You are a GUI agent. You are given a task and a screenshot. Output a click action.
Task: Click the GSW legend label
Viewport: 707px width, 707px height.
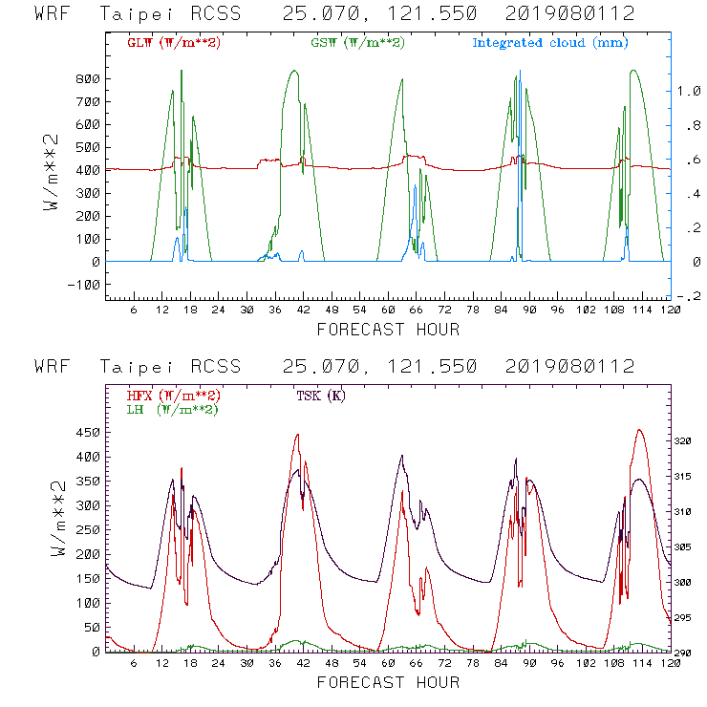point(357,43)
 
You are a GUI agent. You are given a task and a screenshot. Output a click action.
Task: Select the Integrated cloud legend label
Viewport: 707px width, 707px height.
point(550,43)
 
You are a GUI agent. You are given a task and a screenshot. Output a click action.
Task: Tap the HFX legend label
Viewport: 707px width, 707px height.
point(172,396)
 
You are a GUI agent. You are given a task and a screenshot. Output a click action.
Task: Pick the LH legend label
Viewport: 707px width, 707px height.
point(172,409)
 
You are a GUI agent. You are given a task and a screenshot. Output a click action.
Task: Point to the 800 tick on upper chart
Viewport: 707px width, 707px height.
point(89,78)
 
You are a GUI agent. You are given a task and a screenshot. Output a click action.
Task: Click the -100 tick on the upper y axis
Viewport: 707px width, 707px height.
point(85,285)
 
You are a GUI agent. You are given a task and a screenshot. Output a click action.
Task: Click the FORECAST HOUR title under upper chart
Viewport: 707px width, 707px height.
point(388,330)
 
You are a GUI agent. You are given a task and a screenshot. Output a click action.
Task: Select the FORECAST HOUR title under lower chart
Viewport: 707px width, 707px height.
point(388,682)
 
